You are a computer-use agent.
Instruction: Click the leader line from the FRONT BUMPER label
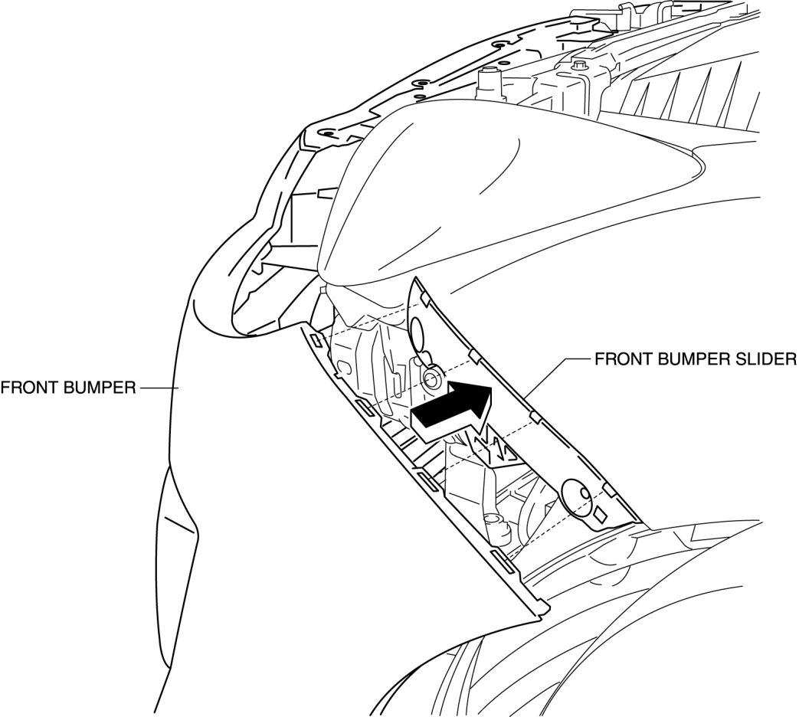pos(158,388)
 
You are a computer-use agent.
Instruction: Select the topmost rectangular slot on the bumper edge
pos(316,339)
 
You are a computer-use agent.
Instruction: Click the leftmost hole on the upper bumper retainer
pos(328,132)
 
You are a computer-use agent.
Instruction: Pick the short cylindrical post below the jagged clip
pos(496,527)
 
